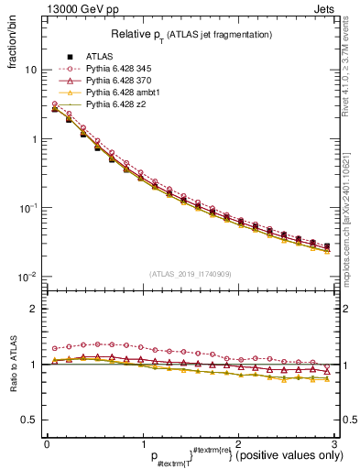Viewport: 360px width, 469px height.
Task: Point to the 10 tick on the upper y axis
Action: point(29,71)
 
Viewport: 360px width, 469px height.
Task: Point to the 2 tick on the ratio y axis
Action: point(32,309)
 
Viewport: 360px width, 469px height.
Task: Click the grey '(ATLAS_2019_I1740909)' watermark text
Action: point(189,274)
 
